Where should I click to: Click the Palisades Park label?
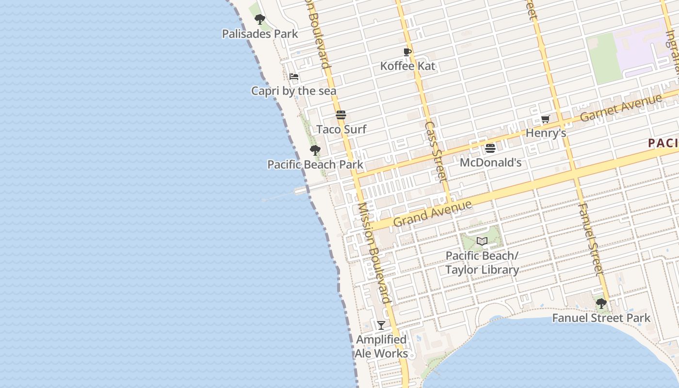point(260,34)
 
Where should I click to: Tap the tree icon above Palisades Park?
point(260,19)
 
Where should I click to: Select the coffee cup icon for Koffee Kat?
point(407,52)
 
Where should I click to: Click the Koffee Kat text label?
point(407,66)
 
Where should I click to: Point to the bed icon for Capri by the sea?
point(293,77)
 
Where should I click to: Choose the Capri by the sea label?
point(293,91)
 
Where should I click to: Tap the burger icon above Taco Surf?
point(341,115)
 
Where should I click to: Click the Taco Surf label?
point(341,129)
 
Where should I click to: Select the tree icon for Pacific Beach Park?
point(315,150)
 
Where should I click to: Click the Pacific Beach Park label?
point(315,164)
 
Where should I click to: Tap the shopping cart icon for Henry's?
point(546,119)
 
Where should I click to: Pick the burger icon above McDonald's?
point(490,148)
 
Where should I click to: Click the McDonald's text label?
point(490,162)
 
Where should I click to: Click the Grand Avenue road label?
point(432,213)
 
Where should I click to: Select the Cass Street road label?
point(435,151)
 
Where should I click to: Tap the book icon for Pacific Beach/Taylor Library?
point(482,241)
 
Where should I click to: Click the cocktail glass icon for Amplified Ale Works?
point(381,325)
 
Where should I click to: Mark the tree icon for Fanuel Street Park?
point(601,304)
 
